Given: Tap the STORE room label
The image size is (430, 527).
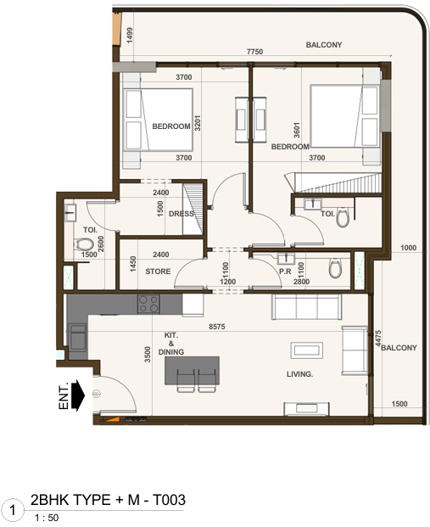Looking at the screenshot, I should click(x=158, y=272).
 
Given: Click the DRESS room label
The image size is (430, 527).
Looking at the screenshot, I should click(x=181, y=214).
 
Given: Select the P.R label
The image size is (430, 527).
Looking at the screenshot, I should click(x=285, y=272).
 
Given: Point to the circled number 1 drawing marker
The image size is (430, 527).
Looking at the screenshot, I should click(x=13, y=510).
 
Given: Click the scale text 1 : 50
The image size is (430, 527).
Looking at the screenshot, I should click(x=46, y=517).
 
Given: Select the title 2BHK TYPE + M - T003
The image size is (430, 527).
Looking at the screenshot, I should click(x=107, y=501).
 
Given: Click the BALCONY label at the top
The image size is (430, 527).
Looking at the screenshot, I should click(x=323, y=45).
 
